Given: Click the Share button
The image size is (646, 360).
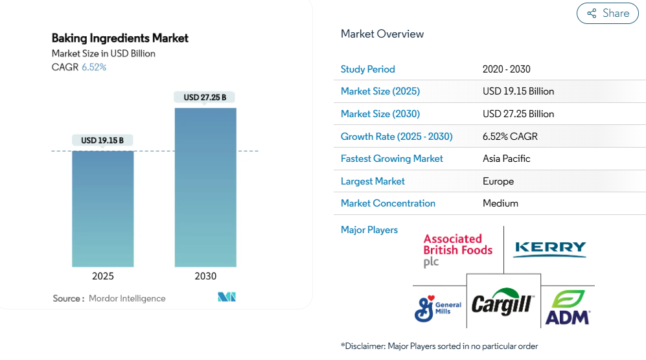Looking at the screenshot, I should (607, 14).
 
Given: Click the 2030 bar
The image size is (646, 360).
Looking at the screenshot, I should (205, 187).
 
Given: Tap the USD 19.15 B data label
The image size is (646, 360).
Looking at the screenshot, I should (102, 141).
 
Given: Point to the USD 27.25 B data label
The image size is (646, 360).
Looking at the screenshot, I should (205, 98).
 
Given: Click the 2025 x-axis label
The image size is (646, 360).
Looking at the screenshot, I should (102, 276).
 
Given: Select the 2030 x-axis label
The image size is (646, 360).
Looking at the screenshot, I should (205, 276).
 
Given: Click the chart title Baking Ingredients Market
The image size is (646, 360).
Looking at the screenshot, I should (120, 38).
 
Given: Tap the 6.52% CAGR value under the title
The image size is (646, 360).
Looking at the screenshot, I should (94, 67).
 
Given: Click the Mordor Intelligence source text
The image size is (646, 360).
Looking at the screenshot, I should (127, 298).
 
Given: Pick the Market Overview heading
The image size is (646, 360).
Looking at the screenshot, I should (382, 34).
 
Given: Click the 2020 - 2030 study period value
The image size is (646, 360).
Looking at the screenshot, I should (507, 69).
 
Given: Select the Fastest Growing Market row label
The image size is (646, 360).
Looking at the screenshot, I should (392, 159).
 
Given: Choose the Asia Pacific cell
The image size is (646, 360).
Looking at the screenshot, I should (507, 159).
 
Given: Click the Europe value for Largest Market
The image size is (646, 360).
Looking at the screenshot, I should (498, 181).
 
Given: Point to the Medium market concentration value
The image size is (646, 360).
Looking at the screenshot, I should (500, 203).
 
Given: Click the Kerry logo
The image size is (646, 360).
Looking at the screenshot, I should (549, 249).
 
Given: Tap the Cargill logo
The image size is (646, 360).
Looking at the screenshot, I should (503, 303).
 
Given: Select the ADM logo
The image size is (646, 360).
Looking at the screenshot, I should (567, 308).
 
